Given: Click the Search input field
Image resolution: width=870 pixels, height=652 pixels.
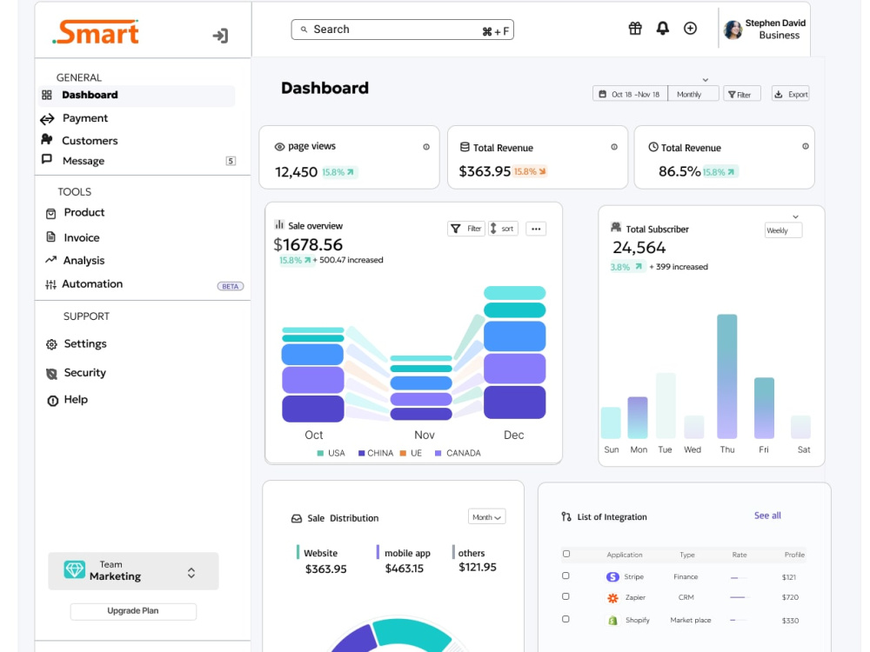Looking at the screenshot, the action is (402, 30).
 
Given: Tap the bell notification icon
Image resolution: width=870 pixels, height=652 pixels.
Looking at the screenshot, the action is (662, 29).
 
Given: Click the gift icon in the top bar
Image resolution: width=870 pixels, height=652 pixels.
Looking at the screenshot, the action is (635, 29).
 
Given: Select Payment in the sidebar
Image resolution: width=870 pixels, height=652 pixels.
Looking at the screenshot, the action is (85, 118).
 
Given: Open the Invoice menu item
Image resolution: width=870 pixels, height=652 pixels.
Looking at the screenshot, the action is (82, 238).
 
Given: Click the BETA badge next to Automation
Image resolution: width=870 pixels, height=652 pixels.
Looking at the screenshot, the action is (231, 287).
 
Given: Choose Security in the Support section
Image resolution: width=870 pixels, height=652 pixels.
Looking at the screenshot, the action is (85, 373).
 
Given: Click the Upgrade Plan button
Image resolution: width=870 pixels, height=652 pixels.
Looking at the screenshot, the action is (133, 611).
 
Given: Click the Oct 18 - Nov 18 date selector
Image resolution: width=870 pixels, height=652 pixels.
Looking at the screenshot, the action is (630, 94).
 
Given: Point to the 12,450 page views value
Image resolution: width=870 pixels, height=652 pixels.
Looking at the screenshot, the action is (297, 172).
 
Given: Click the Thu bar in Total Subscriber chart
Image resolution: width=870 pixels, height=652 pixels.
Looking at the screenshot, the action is (726, 376).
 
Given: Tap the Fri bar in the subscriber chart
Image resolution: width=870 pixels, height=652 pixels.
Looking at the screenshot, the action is (764, 408).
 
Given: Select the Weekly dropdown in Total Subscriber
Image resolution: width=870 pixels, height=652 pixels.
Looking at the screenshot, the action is (784, 230).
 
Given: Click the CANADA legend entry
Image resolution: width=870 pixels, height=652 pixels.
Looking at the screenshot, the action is (458, 453).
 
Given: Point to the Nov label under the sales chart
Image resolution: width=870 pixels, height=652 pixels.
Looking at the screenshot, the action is (425, 436).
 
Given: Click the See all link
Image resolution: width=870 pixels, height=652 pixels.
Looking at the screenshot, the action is (767, 516).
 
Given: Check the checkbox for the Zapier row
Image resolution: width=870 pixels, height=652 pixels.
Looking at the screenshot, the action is (565, 596).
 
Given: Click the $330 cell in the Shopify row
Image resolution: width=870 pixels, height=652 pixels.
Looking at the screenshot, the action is (790, 621).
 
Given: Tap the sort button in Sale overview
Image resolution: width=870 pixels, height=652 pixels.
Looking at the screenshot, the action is (503, 229).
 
